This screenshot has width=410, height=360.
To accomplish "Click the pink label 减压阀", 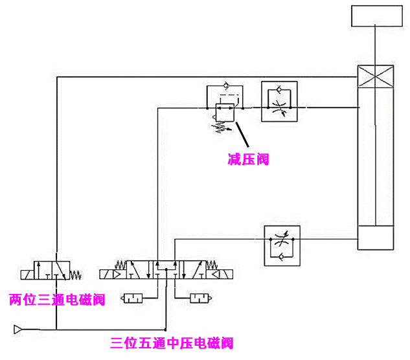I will coord(248,159).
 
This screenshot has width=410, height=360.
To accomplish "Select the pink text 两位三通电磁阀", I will coord(57,299).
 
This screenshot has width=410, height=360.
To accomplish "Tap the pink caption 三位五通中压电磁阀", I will coord(172,343).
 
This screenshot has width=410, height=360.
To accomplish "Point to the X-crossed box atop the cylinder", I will coord(376,77).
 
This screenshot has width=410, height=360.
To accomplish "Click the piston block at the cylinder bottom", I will coord(376,238).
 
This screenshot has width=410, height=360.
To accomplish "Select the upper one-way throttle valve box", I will coord(278,101).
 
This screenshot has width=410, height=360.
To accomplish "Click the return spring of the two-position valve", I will coord(76,274).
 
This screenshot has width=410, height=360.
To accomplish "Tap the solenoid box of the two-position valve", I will coord(26,274).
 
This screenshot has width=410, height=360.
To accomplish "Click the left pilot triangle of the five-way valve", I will coord(117,275).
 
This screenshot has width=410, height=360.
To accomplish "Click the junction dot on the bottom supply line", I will coord(166,329).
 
